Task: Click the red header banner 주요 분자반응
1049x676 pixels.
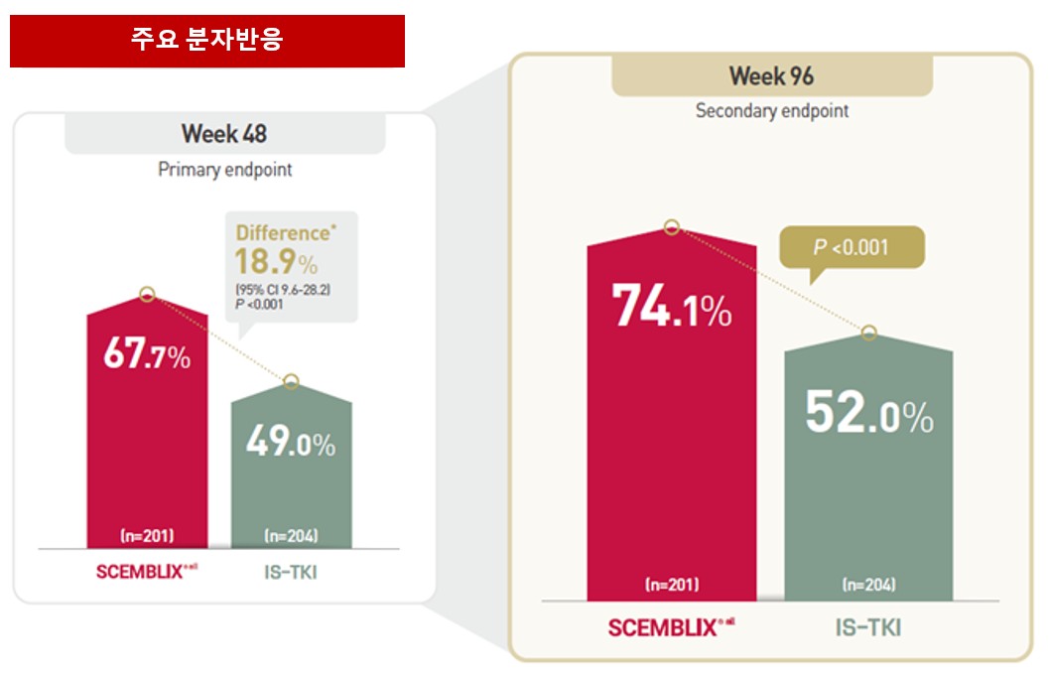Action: click(x=206, y=40)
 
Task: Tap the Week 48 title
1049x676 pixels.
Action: click(x=224, y=133)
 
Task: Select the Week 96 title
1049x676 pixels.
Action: click(x=771, y=75)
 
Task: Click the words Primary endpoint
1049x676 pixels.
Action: click(x=225, y=170)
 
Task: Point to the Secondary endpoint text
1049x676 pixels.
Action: click(x=772, y=110)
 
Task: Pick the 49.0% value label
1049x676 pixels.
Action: click(x=290, y=443)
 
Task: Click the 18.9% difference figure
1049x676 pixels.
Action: click(x=276, y=262)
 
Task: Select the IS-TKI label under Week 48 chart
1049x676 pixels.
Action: click(x=291, y=573)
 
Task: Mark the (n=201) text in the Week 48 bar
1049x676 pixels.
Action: click(x=147, y=536)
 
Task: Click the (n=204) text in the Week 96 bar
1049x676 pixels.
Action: click(x=868, y=586)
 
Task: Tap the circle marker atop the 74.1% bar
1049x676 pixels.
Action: click(x=672, y=227)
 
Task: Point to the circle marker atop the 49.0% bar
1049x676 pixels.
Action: click(x=291, y=382)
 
